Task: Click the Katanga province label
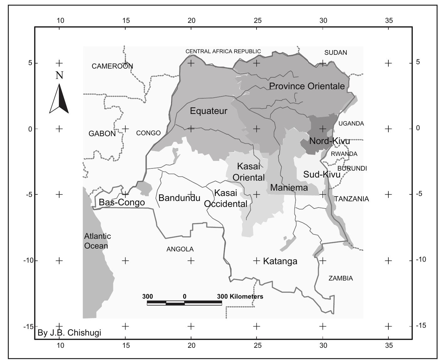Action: (x=280, y=261)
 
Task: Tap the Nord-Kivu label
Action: (x=329, y=141)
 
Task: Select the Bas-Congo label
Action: (x=122, y=202)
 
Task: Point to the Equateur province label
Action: (x=209, y=111)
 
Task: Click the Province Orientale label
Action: (x=307, y=86)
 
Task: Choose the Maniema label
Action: (x=289, y=188)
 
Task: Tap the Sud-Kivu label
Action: (x=322, y=174)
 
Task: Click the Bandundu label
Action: (x=179, y=198)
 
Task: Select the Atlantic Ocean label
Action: (x=97, y=241)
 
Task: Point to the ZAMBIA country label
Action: (x=340, y=278)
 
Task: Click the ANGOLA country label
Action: (x=180, y=249)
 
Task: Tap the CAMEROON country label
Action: (x=112, y=66)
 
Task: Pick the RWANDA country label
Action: (x=344, y=154)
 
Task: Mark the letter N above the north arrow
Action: (x=59, y=75)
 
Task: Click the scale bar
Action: (x=184, y=303)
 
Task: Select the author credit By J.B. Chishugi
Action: (x=69, y=332)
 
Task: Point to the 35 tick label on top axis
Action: (x=389, y=21)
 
